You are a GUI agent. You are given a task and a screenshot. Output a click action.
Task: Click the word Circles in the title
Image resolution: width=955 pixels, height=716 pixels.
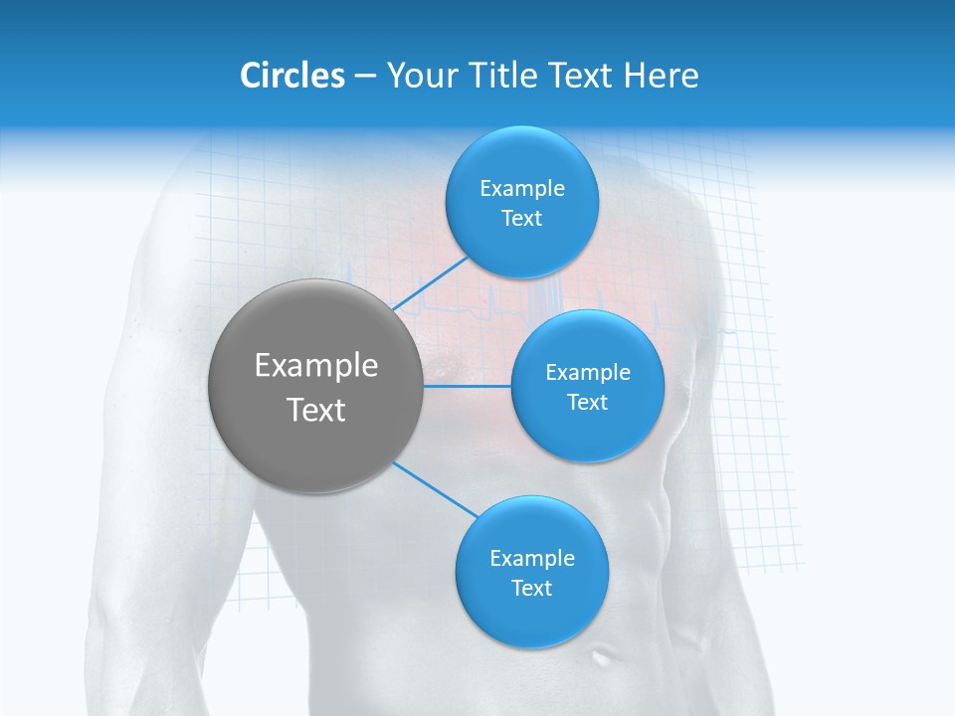click(291, 76)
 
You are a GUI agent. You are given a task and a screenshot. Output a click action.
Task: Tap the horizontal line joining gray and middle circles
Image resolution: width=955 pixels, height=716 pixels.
click(467, 385)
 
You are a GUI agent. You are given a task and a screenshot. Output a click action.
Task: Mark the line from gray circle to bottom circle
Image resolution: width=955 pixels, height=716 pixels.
click(436, 490)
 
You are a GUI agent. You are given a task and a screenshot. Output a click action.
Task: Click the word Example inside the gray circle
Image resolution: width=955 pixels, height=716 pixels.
click(315, 366)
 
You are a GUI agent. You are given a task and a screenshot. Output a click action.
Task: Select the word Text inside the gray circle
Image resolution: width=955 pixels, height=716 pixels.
click(315, 410)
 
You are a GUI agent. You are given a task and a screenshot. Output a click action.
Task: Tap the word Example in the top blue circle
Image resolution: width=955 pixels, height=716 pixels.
click(522, 189)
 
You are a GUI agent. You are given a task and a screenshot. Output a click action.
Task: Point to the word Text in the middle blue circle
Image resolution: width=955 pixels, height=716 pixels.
click(587, 402)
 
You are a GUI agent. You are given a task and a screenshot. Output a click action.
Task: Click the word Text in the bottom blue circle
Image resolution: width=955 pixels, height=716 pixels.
click(531, 588)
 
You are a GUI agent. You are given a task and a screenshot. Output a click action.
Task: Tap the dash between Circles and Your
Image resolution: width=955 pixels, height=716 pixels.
click(365, 77)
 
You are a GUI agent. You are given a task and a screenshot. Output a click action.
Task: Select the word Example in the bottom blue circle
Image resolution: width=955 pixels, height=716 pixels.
click(531, 558)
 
